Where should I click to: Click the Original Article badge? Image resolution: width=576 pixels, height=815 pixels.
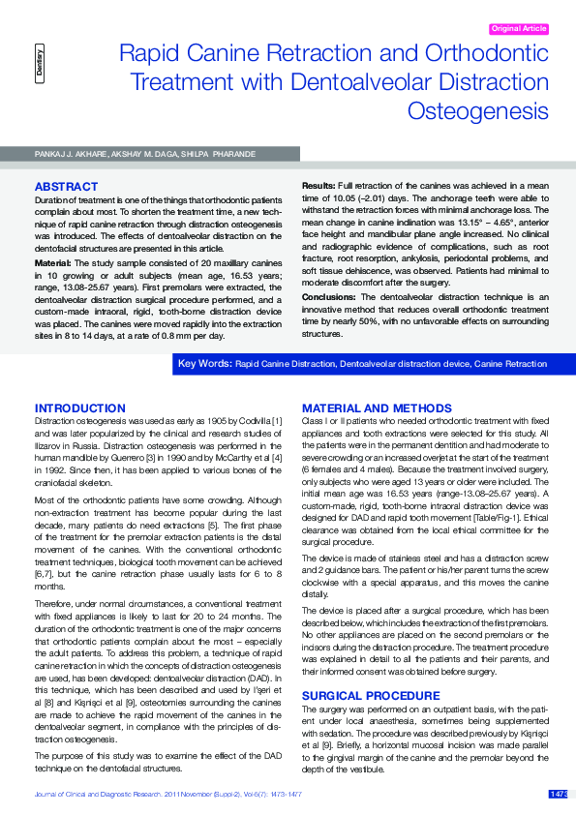(x=520, y=29)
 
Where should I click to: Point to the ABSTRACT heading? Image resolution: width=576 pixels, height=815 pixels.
(x=66, y=186)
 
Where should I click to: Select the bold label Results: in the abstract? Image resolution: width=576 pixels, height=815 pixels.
(x=319, y=184)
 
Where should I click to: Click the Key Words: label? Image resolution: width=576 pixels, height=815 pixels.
(x=204, y=363)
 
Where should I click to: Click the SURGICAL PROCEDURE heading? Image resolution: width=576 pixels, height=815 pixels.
(x=357, y=696)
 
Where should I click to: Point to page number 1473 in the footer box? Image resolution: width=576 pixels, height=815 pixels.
(x=559, y=795)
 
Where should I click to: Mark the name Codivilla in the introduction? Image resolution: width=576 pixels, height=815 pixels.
(x=249, y=422)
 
